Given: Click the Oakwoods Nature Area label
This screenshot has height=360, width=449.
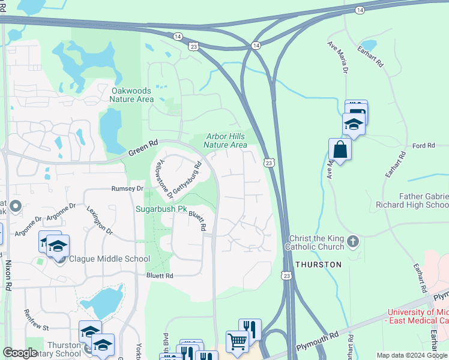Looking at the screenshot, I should (133, 95).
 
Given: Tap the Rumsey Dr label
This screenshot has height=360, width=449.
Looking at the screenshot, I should (127, 188).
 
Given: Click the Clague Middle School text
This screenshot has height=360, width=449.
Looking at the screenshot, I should (109, 259).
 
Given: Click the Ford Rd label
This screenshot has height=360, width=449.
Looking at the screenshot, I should (423, 146).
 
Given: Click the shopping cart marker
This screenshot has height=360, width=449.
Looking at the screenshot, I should (237, 341).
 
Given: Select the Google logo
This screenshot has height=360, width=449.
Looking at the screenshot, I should (20, 353).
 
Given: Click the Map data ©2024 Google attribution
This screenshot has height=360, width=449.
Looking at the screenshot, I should (411, 355).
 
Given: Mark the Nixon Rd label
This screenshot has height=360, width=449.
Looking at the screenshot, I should (8, 275).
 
